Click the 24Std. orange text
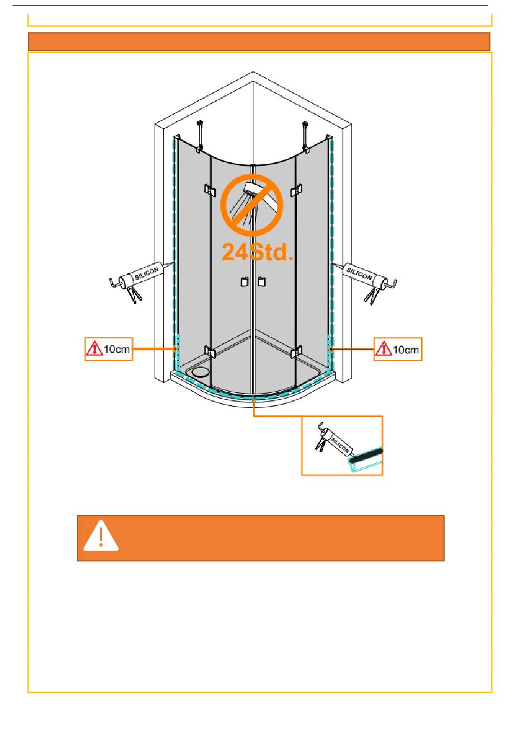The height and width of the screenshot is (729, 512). (258, 251)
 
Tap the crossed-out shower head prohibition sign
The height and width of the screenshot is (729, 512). (252, 205)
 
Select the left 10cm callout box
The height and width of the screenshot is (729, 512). (109, 349)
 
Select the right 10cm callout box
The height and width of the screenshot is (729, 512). (398, 349)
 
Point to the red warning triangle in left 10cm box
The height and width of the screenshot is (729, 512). (94, 349)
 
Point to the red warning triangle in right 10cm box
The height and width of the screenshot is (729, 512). (383, 349)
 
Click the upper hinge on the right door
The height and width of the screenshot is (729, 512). (296, 190)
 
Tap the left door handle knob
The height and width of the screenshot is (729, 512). (244, 282)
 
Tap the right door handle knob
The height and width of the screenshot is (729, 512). (262, 282)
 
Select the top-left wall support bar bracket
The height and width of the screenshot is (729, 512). (201, 135)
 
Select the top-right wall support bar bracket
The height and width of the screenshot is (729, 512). (306, 135)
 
